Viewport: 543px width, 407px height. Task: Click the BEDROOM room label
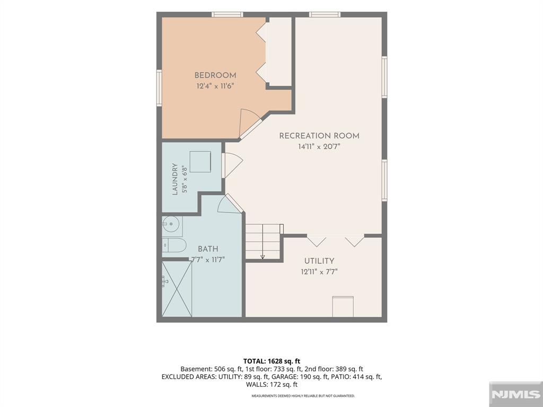pyautogui.click(x=215, y=75)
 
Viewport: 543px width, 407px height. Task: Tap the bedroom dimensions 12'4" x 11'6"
pyautogui.click(x=215, y=86)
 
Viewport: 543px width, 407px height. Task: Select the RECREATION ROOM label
pyautogui.click(x=319, y=136)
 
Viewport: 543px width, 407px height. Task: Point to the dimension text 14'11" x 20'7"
pyautogui.click(x=319, y=147)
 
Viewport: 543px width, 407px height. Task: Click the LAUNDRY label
pyautogui.click(x=175, y=179)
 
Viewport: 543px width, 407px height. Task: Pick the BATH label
pyautogui.click(x=208, y=249)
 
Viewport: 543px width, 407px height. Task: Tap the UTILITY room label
pyautogui.click(x=319, y=261)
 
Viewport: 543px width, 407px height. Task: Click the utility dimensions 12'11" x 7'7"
pyautogui.click(x=319, y=272)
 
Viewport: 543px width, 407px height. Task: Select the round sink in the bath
pyautogui.click(x=170, y=224)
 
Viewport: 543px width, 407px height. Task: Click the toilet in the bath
pyautogui.click(x=174, y=245)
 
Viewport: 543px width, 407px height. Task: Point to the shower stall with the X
pyautogui.click(x=177, y=289)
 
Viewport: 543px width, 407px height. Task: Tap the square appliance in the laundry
pyautogui.click(x=200, y=162)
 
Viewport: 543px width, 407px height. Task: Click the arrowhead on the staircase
pyautogui.click(x=262, y=257)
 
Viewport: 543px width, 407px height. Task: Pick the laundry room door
pyautogui.click(x=232, y=165)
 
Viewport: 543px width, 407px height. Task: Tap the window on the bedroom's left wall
pyautogui.click(x=159, y=88)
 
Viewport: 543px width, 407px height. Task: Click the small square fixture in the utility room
pyautogui.click(x=343, y=306)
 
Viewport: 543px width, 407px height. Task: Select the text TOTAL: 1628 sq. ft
pyautogui.click(x=272, y=361)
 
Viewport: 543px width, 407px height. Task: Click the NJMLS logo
pyautogui.click(x=515, y=394)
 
